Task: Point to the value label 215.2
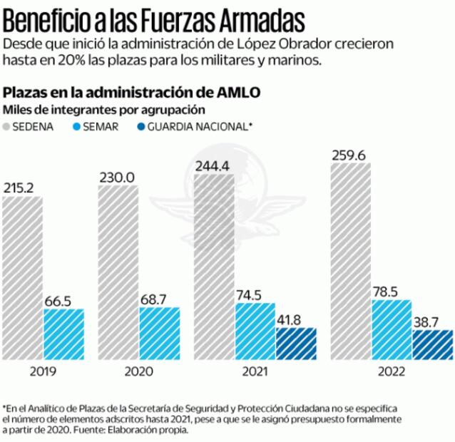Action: coord(22,188)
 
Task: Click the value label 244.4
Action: coord(213,166)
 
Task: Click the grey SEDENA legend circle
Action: coord(11,126)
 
